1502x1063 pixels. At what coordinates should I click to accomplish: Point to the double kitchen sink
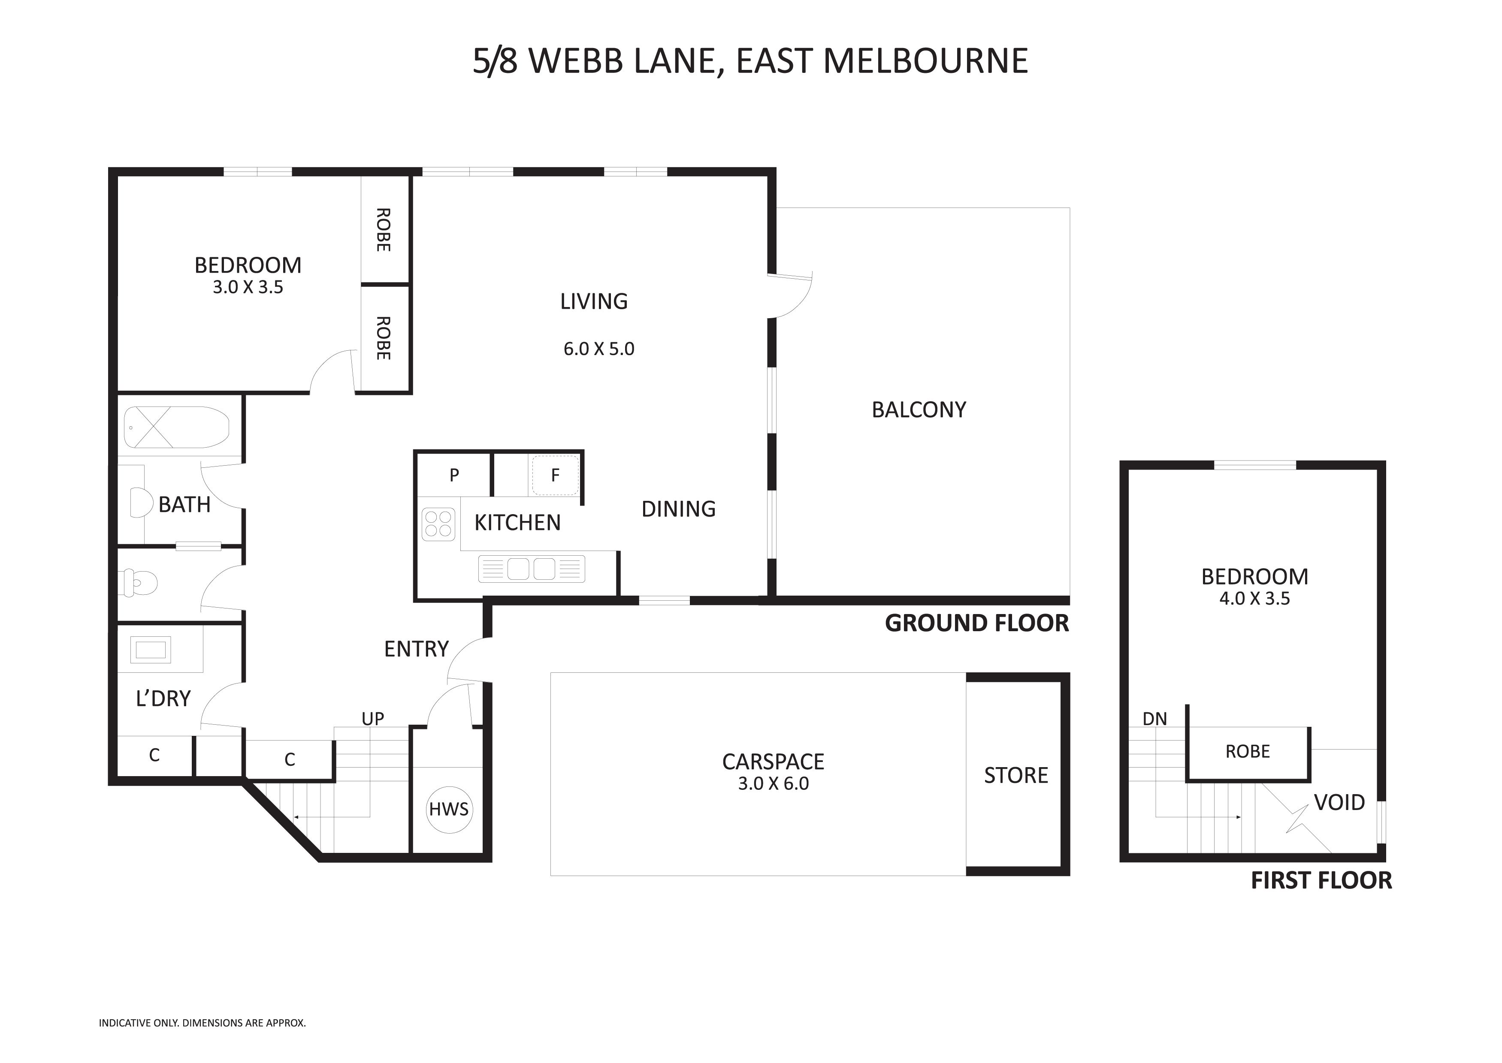point(531,568)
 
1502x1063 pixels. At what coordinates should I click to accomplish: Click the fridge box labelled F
point(555,475)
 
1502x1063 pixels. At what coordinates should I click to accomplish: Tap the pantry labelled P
point(454,475)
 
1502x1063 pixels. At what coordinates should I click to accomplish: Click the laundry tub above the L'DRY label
point(151,650)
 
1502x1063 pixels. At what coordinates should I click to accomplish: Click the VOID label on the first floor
point(1339,802)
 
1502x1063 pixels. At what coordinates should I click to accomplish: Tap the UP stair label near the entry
point(372,719)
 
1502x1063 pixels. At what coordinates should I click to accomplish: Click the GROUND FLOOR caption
point(977,623)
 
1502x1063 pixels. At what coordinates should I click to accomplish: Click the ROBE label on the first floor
point(1247,751)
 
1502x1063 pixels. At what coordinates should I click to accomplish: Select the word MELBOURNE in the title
point(925,61)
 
